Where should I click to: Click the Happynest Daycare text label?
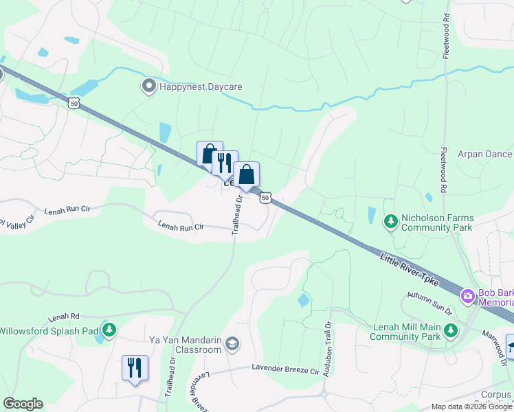pos(201,87)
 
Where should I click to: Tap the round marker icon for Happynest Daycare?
pos(148,87)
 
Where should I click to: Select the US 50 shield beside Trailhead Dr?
pos(266,198)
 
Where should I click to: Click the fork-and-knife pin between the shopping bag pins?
pos(225,164)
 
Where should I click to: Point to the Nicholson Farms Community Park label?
pos(437,222)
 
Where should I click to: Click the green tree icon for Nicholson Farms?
pos(390,221)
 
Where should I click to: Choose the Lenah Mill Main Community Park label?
pos(405,332)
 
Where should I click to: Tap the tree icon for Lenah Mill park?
pos(451,331)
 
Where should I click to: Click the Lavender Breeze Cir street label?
pos(286,371)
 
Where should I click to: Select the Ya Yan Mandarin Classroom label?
pos(186,344)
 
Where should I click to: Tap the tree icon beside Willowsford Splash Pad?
pos(109,331)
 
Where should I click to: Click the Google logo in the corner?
pos(23,403)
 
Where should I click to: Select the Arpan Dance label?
pos(485,154)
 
